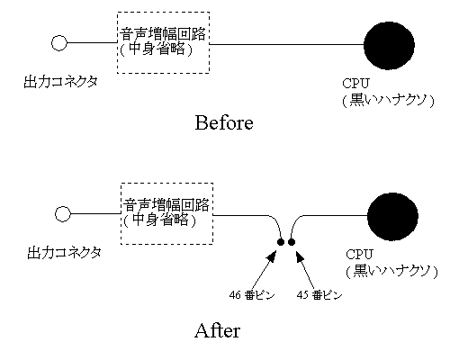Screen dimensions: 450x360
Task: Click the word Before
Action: click(224, 123)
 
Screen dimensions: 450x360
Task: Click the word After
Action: click(218, 331)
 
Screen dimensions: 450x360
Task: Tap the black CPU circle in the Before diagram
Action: click(389, 45)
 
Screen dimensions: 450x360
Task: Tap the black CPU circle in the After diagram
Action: click(392, 216)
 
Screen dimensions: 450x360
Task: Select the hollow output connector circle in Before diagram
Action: click(59, 43)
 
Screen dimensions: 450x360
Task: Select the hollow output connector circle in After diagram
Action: click(63, 214)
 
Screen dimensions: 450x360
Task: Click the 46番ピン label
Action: click(252, 295)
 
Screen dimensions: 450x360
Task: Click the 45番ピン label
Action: click(319, 295)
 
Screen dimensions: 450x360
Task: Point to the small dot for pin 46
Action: click(281, 242)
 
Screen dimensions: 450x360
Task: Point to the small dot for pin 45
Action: click(292, 242)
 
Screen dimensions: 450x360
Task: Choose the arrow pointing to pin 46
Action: click(264, 270)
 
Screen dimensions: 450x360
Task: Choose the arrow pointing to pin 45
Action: click(305, 270)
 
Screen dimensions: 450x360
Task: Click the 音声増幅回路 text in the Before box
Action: click(163, 33)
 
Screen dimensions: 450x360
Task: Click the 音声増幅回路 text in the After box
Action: click(166, 205)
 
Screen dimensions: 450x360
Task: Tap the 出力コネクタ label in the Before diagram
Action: click(61, 82)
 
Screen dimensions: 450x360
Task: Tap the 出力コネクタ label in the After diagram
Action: click(65, 253)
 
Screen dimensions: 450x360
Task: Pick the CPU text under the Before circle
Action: click(355, 84)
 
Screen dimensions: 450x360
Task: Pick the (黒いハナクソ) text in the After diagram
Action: click(391, 271)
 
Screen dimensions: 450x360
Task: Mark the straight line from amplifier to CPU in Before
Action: click(286, 44)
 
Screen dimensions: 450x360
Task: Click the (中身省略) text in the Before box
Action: click(156, 49)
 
